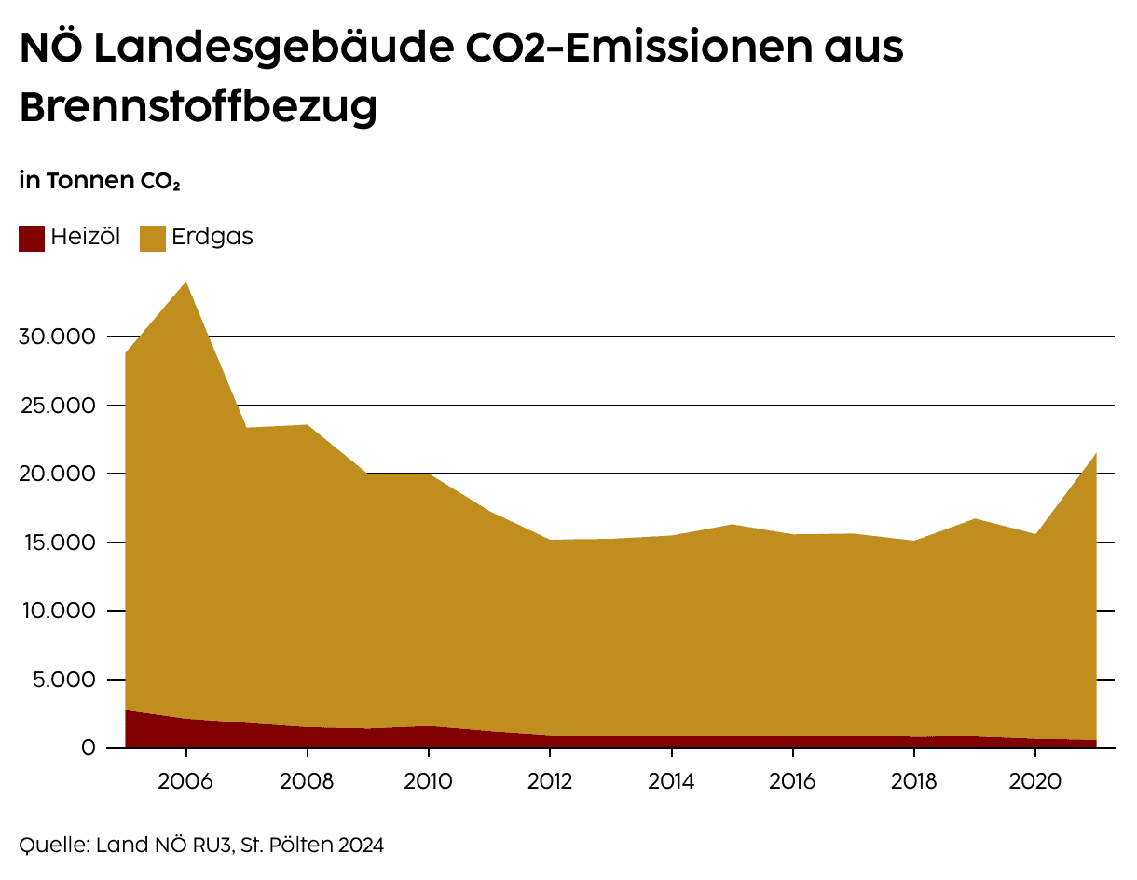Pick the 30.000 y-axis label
click(57, 337)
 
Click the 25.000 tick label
click(57, 406)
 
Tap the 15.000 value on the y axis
click(57, 543)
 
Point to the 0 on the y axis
click(89, 748)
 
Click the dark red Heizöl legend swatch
click(32, 238)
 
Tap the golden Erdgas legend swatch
click(153, 238)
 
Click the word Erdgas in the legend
click(212, 237)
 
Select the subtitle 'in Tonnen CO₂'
click(99, 181)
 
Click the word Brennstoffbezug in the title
click(199, 107)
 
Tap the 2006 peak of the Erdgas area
click(185, 283)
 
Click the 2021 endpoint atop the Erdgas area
click(1095, 454)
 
